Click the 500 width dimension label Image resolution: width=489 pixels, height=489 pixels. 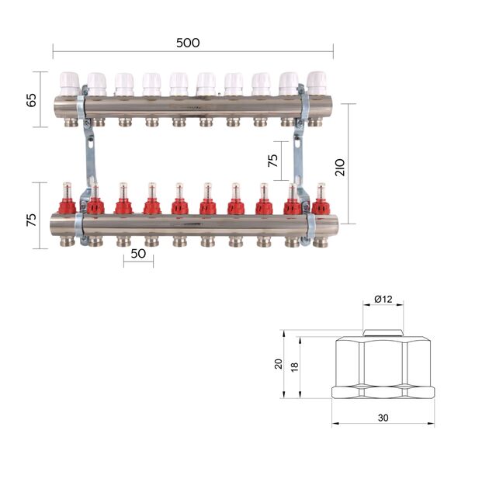pos(188,43)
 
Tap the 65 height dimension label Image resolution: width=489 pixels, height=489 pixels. pos(32,100)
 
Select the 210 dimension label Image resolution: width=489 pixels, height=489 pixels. pos(340,168)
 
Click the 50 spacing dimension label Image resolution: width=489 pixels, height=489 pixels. pos(138,254)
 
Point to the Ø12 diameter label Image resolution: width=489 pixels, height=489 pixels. pos(383,300)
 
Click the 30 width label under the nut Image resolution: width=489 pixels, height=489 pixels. pos(383,418)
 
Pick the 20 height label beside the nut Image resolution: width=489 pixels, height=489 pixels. pos(278,364)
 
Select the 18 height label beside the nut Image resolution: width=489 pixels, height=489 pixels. pos(294,367)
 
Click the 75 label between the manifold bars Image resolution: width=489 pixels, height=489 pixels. pos(273,161)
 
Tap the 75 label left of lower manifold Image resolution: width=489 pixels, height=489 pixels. pos(32,220)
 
